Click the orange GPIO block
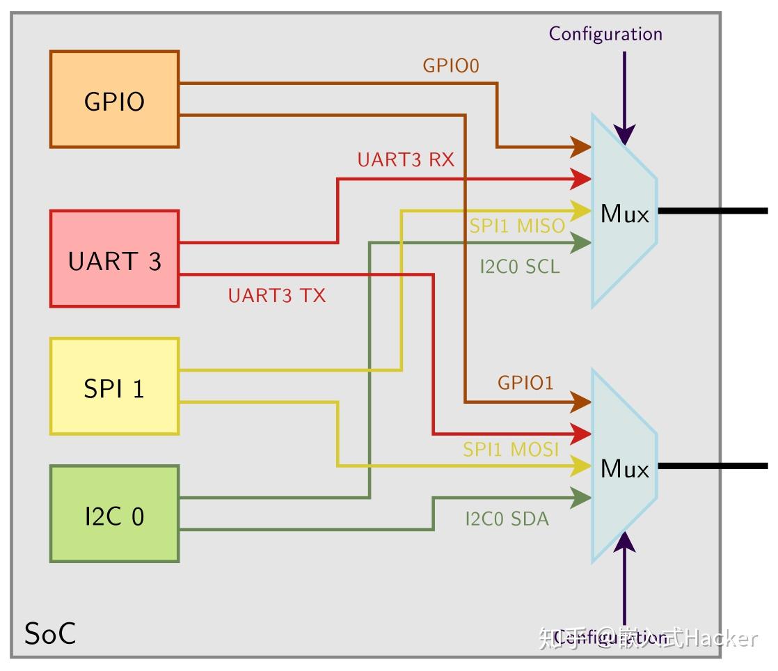point(114,100)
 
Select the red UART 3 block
point(114,259)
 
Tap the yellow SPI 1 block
point(114,387)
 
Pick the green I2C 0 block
point(114,514)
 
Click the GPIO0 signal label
point(451,66)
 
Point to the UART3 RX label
point(406,160)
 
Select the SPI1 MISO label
point(516,226)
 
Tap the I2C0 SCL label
point(519,267)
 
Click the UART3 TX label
point(276,296)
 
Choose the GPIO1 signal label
point(525,383)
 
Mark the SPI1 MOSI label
point(511,450)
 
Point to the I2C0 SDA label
point(507,519)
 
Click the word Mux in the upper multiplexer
point(624,214)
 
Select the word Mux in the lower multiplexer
point(624,469)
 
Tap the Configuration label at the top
point(605,33)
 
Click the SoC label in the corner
point(50,634)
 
